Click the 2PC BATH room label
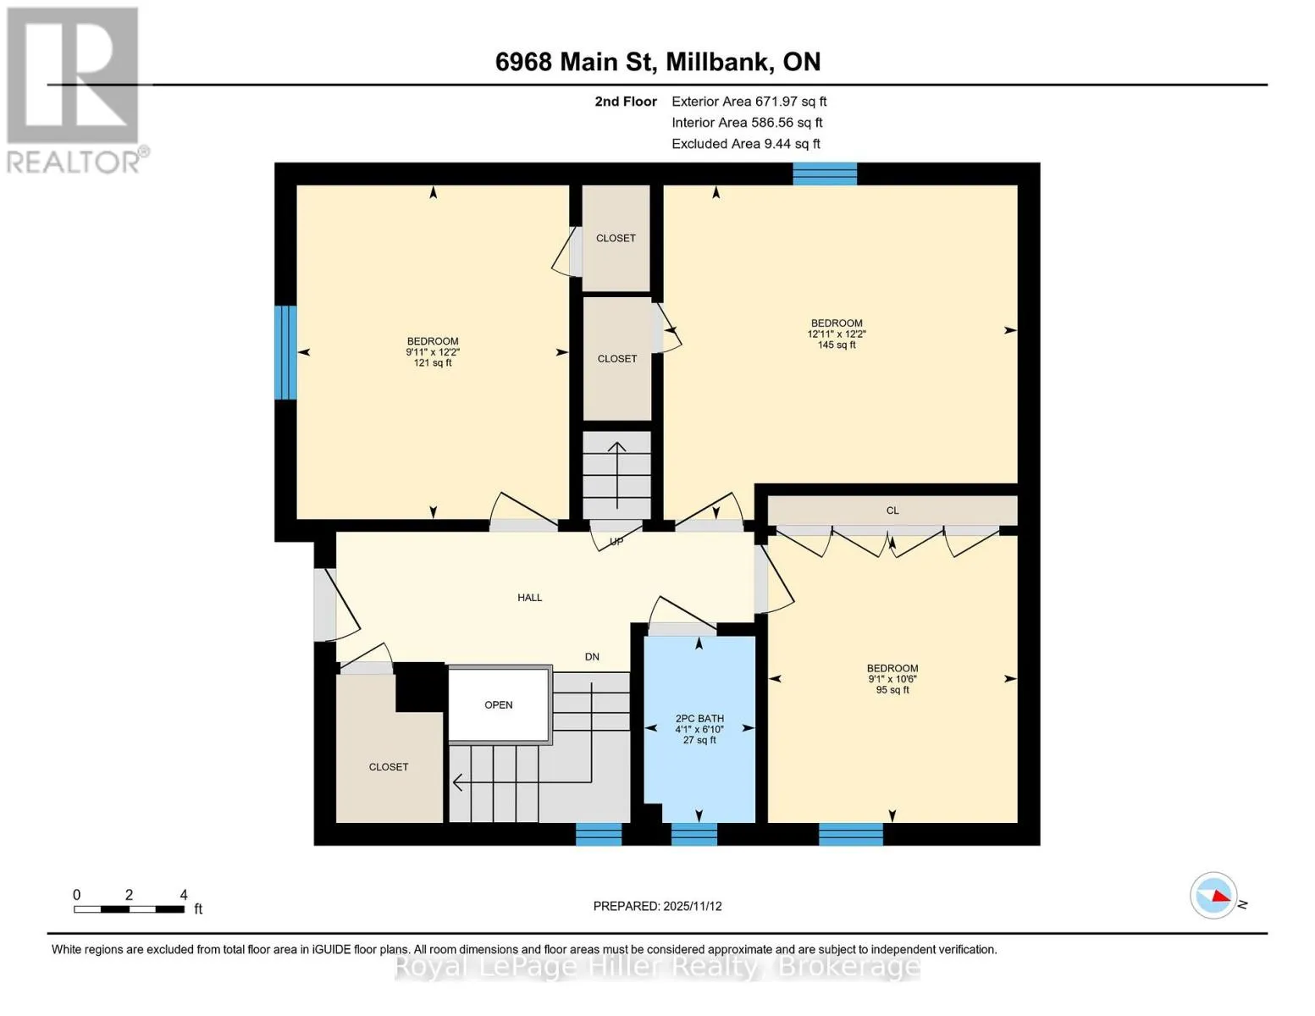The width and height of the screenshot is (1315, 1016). (699, 718)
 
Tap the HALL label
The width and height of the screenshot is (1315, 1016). (529, 598)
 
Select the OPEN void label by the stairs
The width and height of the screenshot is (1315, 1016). (499, 705)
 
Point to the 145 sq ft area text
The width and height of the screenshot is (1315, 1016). (837, 345)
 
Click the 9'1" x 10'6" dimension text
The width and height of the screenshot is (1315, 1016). (892, 679)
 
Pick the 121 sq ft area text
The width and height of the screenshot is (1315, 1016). (433, 363)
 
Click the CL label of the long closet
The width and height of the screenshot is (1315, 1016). (892, 511)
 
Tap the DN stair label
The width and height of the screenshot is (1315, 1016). (592, 656)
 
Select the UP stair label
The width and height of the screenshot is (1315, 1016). (616, 542)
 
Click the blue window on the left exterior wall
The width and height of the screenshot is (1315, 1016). (285, 352)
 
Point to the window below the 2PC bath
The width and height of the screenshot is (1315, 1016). (694, 834)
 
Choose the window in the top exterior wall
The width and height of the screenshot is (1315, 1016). (825, 174)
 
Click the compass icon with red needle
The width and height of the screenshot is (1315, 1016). (1213, 896)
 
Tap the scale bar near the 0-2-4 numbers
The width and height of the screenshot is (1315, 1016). (129, 908)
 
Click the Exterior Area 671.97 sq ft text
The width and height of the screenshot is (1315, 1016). (749, 102)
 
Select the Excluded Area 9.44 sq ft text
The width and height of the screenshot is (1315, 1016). (746, 144)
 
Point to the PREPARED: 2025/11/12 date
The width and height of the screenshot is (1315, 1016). (658, 907)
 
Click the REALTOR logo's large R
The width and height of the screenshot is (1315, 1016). (73, 75)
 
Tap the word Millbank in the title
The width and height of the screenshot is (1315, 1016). (718, 63)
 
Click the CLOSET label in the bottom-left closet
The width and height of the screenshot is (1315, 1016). (389, 767)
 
